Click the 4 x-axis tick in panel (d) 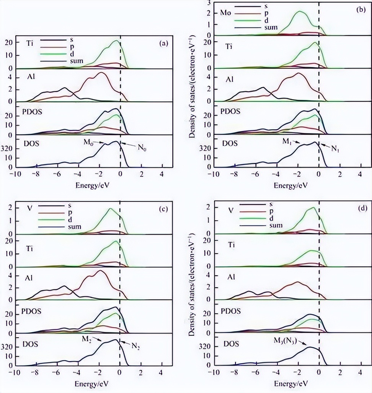pyautogui.click(x=360, y=372)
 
